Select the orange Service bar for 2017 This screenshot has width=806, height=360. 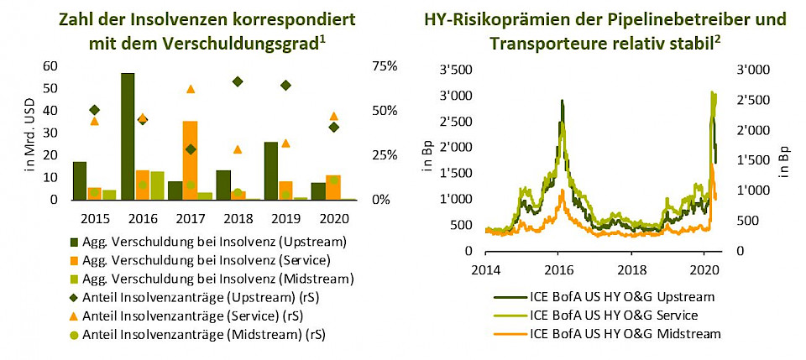pyautogui.click(x=190, y=160)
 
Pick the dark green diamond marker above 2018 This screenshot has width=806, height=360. pyautogui.click(x=238, y=81)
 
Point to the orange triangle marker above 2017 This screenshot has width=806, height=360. pyautogui.click(x=191, y=89)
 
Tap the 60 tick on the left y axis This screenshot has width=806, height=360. pyautogui.click(x=50, y=66)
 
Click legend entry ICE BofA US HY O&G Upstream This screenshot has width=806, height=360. pyautogui.click(x=622, y=296)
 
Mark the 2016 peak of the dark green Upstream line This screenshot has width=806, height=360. pyautogui.click(x=562, y=101)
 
